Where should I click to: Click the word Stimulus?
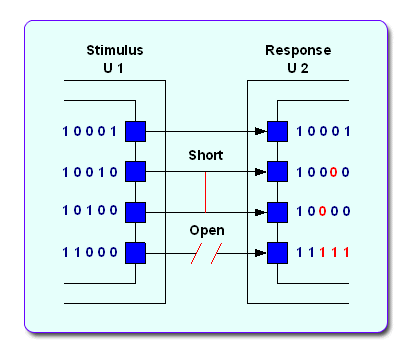[113, 50]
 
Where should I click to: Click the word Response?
[297, 50]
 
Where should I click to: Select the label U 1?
[113, 68]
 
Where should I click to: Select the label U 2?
[297, 68]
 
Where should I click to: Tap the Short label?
[206, 156]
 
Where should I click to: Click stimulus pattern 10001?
[89, 131]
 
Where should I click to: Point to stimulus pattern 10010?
[89, 172]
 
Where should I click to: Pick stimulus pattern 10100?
[89, 212]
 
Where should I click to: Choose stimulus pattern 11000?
[89, 253]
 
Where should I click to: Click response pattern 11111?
[322, 253]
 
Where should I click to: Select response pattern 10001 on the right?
[322, 131]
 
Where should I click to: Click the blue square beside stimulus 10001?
[135, 131]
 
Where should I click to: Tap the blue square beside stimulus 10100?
[135, 212]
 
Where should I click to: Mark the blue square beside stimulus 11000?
[135, 253]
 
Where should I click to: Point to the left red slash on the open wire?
[197, 253]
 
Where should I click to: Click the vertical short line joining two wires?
[206, 192]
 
